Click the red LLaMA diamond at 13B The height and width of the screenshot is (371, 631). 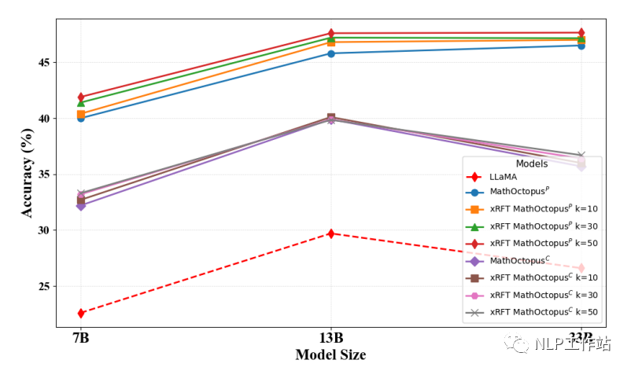click(331, 233)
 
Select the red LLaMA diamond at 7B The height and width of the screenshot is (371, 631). click(81, 313)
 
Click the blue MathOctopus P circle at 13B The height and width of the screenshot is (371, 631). click(331, 53)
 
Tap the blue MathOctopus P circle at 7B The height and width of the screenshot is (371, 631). click(81, 118)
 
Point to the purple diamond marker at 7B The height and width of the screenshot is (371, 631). click(81, 205)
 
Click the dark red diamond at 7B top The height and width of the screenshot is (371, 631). click(81, 97)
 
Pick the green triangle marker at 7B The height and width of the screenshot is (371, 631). click(81, 103)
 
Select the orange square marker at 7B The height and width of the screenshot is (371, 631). click(81, 114)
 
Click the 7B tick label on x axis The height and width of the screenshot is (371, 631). click(81, 338)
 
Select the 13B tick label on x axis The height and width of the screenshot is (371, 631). click(331, 338)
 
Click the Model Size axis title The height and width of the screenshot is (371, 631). click(330, 355)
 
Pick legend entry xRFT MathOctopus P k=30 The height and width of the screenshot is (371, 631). click(543, 226)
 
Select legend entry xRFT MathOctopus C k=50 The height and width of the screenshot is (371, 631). click(543, 312)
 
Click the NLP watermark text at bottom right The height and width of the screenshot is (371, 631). click(572, 343)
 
